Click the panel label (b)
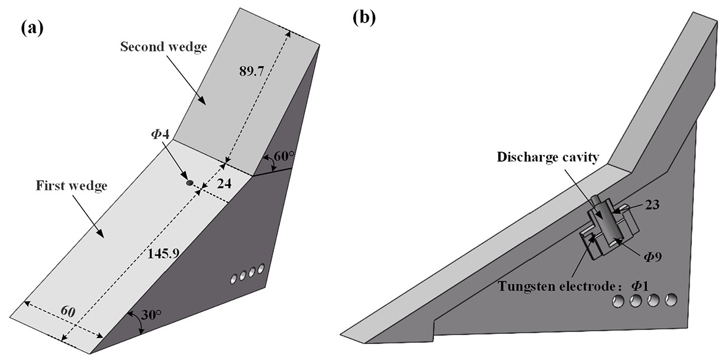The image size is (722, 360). pos(363,17)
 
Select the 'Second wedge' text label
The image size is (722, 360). pos(164,47)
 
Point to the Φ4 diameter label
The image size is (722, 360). pos(160,134)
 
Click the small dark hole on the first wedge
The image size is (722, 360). pos(190,184)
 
